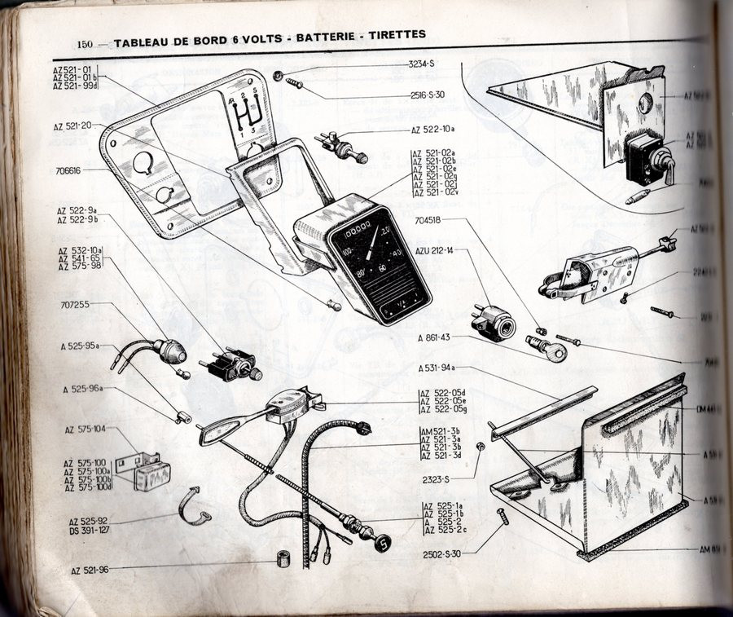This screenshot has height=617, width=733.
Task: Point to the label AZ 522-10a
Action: [438, 130]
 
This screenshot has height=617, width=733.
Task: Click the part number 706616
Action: [73, 171]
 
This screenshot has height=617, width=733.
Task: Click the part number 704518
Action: [432, 219]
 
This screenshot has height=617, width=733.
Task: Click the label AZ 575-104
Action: [85, 429]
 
